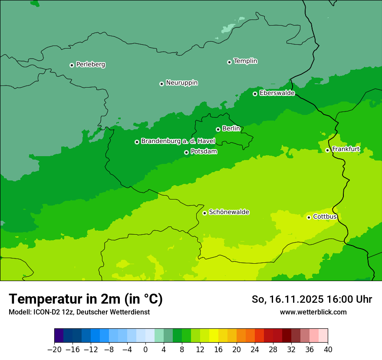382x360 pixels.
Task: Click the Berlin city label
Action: [231, 129]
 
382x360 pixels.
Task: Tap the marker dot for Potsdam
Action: [186, 152]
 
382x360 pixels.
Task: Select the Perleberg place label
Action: [90, 65]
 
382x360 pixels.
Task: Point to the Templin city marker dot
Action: [229, 62]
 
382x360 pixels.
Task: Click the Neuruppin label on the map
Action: [181, 83]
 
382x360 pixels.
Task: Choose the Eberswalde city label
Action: [277, 93]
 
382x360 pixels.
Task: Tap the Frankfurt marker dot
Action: [327, 151]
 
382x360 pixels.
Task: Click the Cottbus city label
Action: [325, 217]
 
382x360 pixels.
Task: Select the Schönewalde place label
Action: [229, 212]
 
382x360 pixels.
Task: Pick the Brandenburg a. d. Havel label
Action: [178, 141]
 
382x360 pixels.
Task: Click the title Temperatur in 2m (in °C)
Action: [86, 299]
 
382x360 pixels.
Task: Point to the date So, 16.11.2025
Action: [293, 299]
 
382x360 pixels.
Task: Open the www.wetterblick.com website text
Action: [313, 312]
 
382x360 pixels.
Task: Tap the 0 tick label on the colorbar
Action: [145, 349]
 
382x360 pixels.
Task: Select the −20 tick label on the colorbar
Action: [54, 349]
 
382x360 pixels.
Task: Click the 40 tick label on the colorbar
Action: [328, 349]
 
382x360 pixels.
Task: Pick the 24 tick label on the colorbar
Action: [255, 349]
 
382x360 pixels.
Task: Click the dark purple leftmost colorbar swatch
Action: [59, 336]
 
